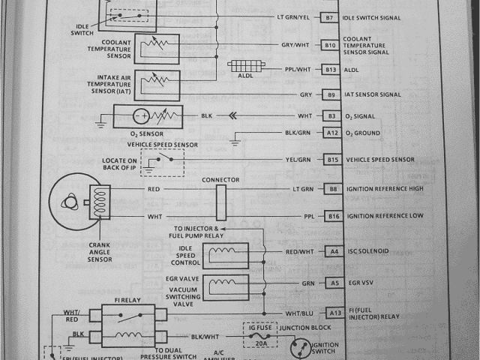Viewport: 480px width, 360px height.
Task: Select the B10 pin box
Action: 330,45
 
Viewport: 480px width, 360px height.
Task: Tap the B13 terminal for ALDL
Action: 330,69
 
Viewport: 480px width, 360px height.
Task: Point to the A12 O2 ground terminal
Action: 332,133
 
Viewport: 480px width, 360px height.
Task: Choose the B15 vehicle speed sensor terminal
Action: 332,160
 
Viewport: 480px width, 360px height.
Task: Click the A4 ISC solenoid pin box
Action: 332,252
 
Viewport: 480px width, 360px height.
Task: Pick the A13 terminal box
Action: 334,313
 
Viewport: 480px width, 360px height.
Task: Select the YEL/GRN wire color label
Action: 298,160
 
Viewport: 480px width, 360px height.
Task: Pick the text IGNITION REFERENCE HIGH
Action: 385,189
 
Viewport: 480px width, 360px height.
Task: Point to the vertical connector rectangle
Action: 220,202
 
